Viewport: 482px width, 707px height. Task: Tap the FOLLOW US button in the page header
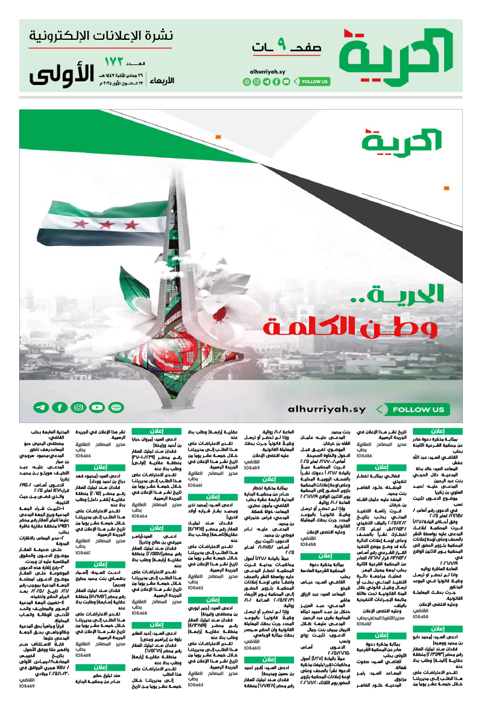[x=315, y=81]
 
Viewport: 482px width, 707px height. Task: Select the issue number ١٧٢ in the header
[x=113, y=62]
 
